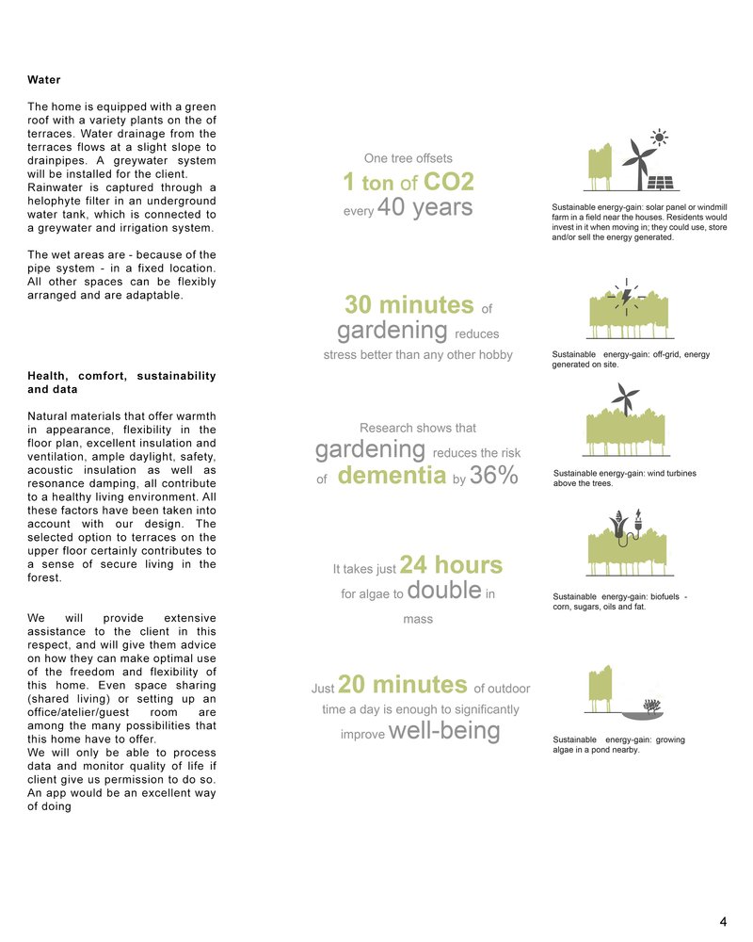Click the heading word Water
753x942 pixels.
click(x=44, y=80)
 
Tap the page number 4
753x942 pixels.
click(x=723, y=921)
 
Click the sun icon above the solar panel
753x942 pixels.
click(x=662, y=138)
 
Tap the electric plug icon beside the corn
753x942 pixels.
click(x=637, y=522)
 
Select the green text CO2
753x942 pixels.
click(x=449, y=182)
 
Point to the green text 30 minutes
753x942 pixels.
click(x=409, y=305)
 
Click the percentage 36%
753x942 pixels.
click(x=494, y=477)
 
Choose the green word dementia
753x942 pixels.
click(x=391, y=477)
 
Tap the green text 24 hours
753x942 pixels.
click(x=451, y=565)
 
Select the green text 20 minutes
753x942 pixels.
click(x=402, y=684)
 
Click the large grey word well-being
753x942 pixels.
click(x=443, y=731)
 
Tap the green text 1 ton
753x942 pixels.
click(x=368, y=182)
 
